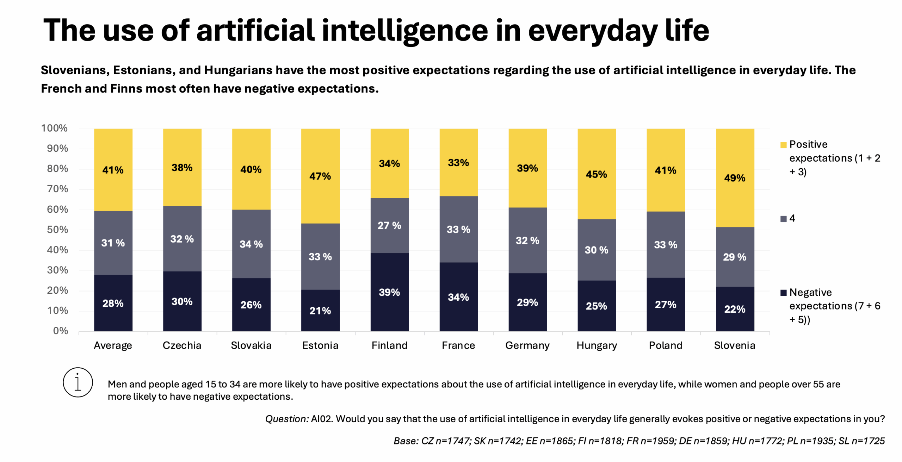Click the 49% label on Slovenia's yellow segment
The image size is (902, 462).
pos(734,178)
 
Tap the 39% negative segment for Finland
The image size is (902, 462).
pos(389,292)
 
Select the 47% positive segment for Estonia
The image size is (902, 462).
pos(320,176)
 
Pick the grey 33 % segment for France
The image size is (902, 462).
pos(458,230)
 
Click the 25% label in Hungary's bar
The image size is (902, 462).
pos(596,306)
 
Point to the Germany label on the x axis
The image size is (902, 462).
pos(527,345)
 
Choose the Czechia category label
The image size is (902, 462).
pos(182,345)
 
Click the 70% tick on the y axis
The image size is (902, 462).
pos(57,189)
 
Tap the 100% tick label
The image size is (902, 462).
pos(54,128)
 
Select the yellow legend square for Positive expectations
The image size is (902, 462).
pos(783,145)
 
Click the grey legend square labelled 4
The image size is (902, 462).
pos(783,219)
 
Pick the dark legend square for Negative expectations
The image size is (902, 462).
pos(783,293)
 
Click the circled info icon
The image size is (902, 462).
pos(78,382)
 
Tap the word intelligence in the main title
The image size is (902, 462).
pos(404,31)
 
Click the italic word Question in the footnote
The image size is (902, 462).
pos(286,419)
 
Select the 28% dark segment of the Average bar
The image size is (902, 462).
pos(113,303)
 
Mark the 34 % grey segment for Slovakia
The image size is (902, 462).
pos(251,244)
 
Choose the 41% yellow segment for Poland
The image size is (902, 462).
pos(665,170)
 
